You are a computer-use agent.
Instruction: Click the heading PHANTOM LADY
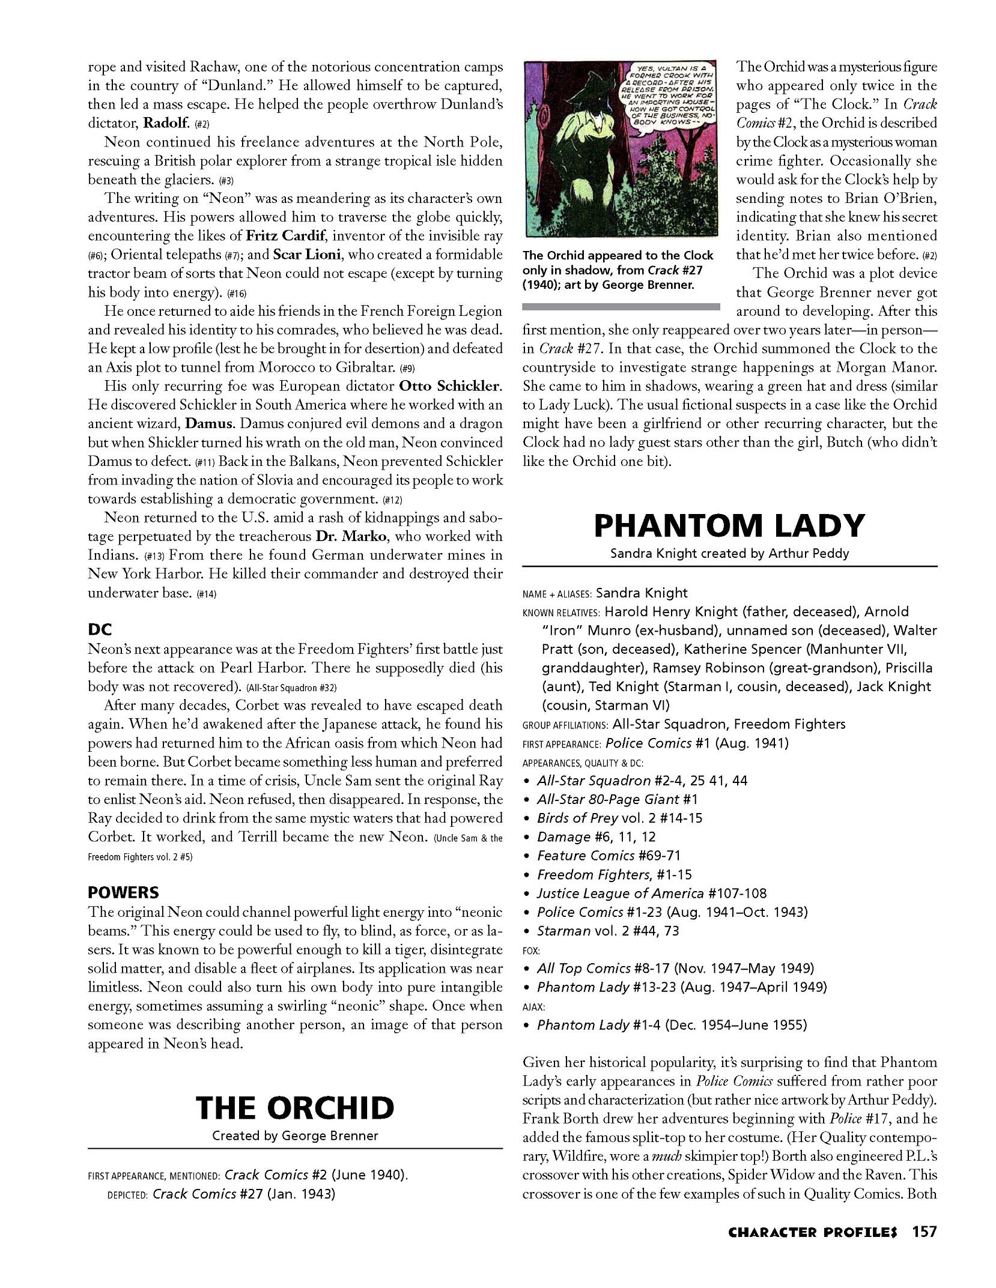tap(729, 526)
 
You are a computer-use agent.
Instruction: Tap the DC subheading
tap(100, 630)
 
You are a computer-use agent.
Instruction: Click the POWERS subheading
tap(123, 892)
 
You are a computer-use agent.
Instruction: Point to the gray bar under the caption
tap(621, 307)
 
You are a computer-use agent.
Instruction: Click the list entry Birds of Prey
tap(577, 818)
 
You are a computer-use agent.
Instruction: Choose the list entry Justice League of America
tap(620, 893)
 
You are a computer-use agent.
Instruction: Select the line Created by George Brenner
tap(294, 1136)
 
